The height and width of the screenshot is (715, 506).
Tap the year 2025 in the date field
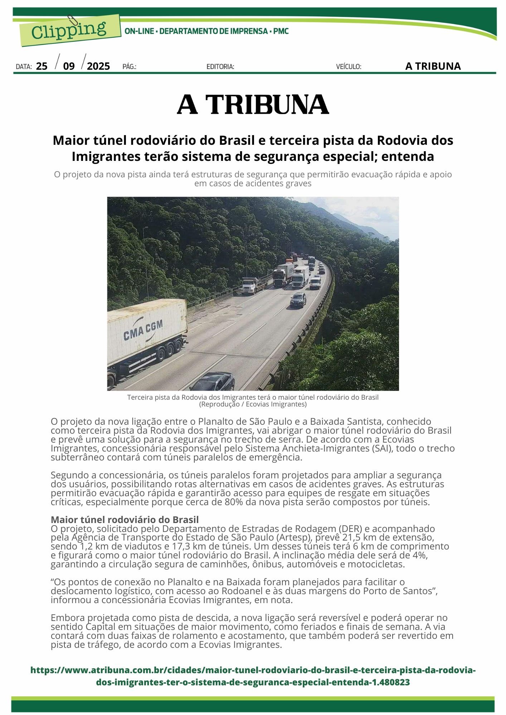point(98,66)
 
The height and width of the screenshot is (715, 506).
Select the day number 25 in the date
point(42,66)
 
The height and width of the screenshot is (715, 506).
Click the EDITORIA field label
point(220,66)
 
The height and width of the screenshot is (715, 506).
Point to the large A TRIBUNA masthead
point(253,105)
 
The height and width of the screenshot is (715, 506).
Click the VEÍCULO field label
point(349,66)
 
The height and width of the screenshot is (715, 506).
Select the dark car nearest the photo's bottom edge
point(213,382)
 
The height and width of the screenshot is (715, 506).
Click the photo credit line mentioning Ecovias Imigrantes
point(253,404)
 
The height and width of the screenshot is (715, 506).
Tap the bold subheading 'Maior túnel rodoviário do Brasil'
point(125,519)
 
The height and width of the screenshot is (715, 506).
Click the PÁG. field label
point(129,66)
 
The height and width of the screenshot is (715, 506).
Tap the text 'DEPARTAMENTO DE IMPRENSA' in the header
point(213,31)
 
